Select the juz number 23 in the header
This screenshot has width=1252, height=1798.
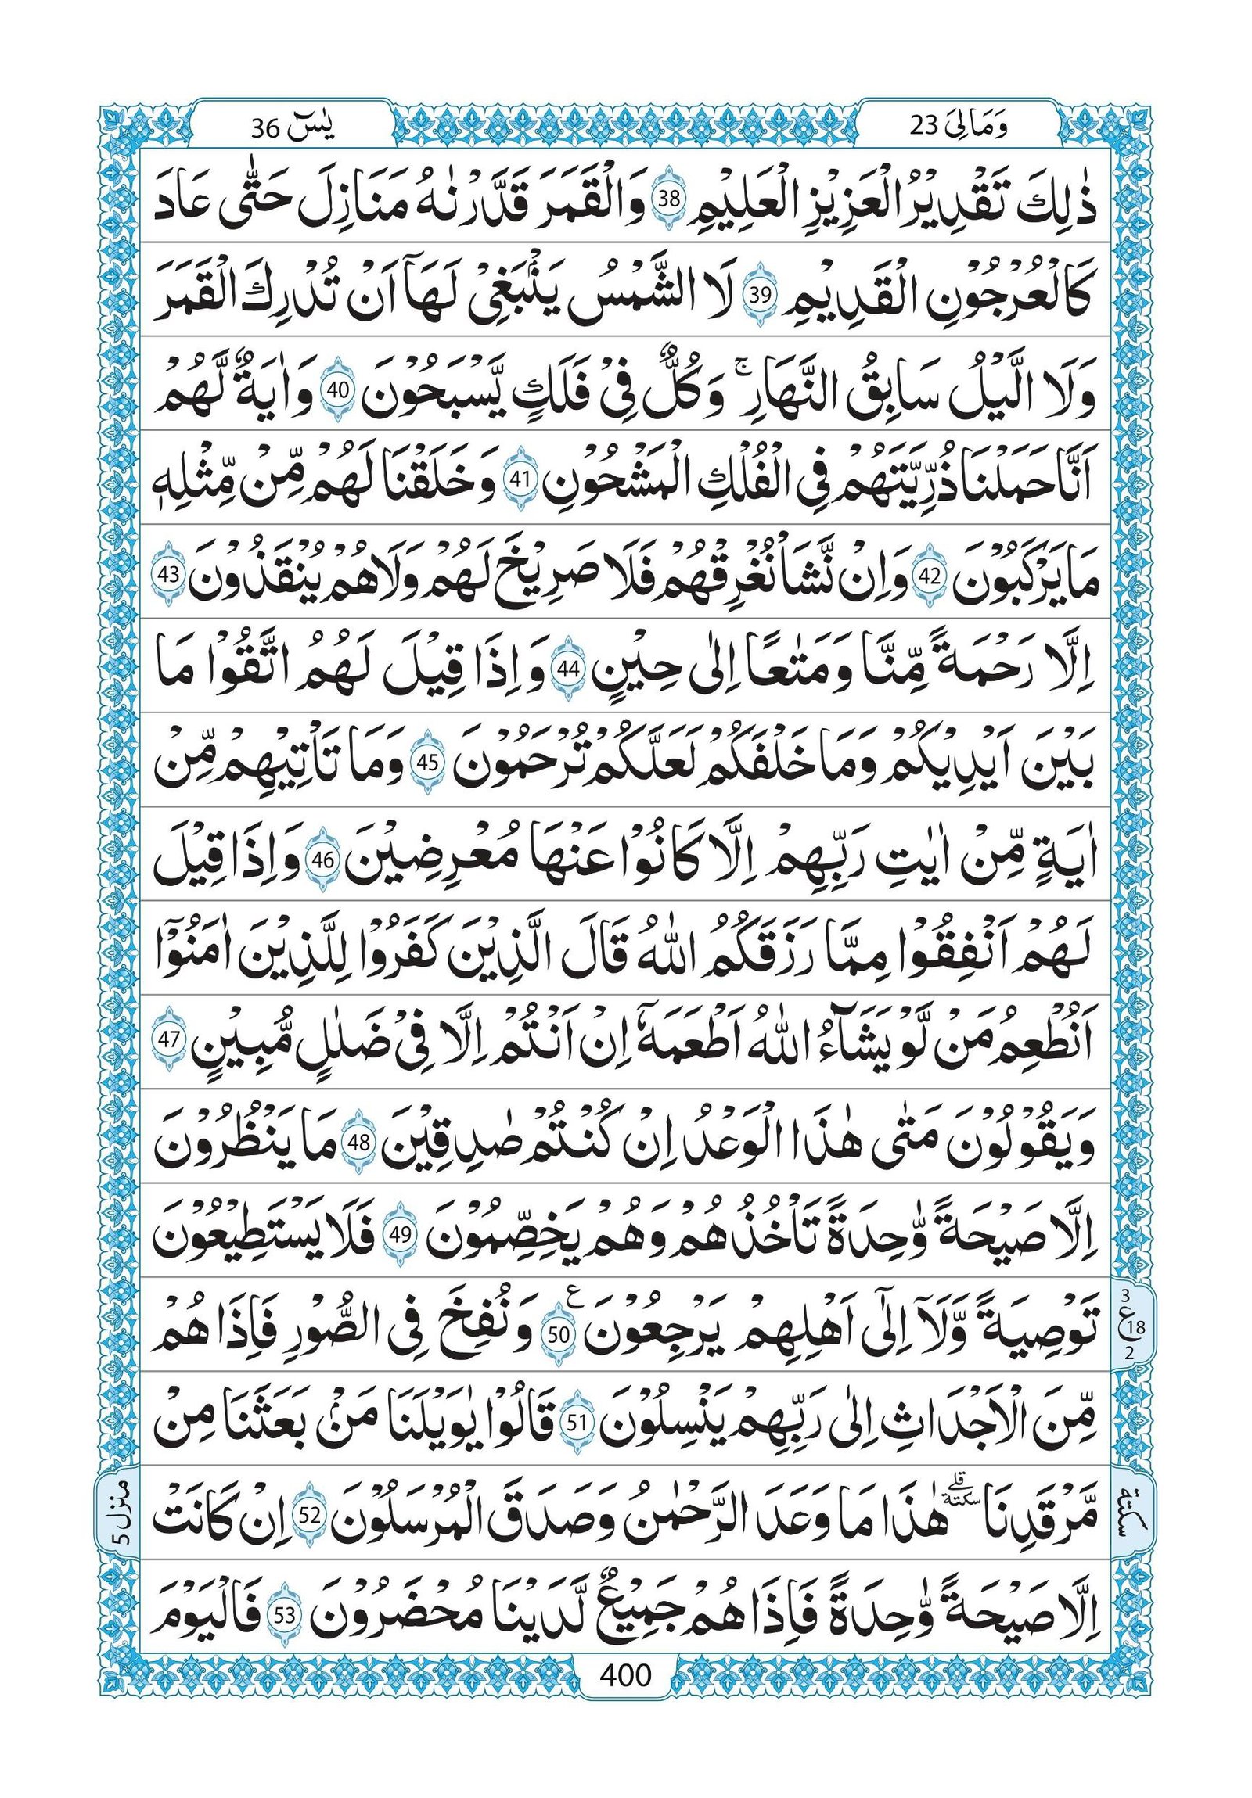[x=924, y=127]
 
